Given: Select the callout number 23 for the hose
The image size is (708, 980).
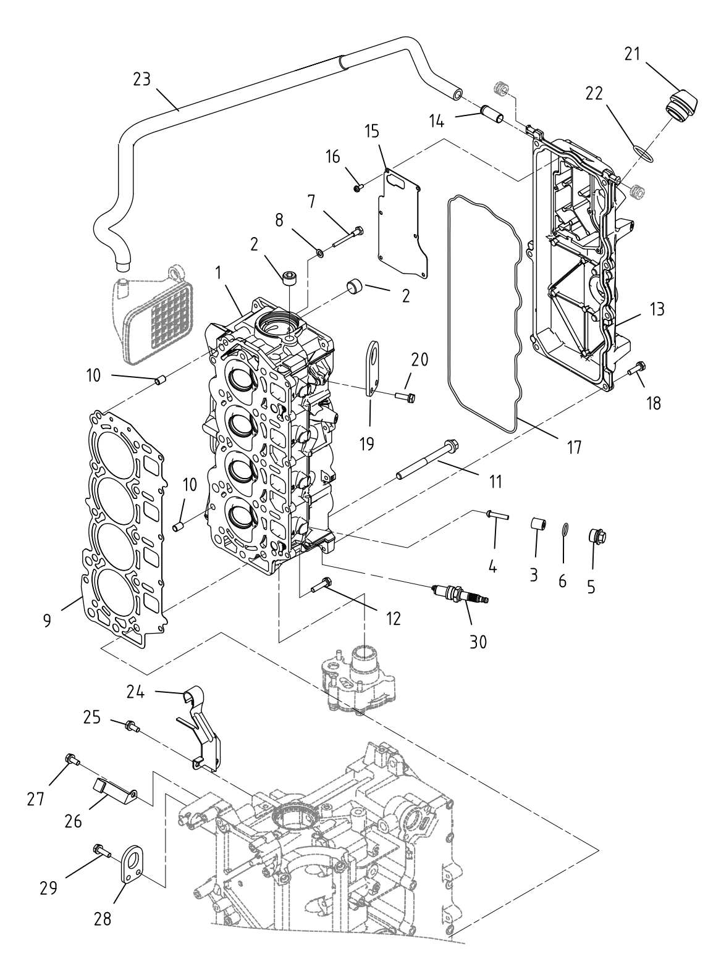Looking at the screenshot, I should click(142, 80).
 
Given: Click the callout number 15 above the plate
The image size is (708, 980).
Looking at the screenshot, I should click(372, 132).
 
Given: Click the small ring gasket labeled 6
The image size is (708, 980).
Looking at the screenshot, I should click(565, 530).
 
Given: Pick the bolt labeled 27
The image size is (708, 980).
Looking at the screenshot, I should click(73, 760).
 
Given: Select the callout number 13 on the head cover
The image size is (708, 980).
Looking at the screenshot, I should click(657, 309).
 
